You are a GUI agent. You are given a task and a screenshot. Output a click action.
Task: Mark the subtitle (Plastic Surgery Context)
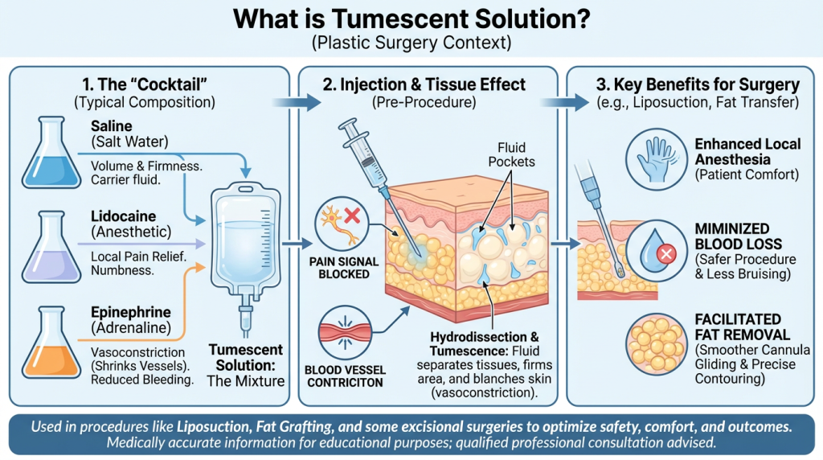411,40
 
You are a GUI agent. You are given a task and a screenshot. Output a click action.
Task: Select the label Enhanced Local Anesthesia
747,151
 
